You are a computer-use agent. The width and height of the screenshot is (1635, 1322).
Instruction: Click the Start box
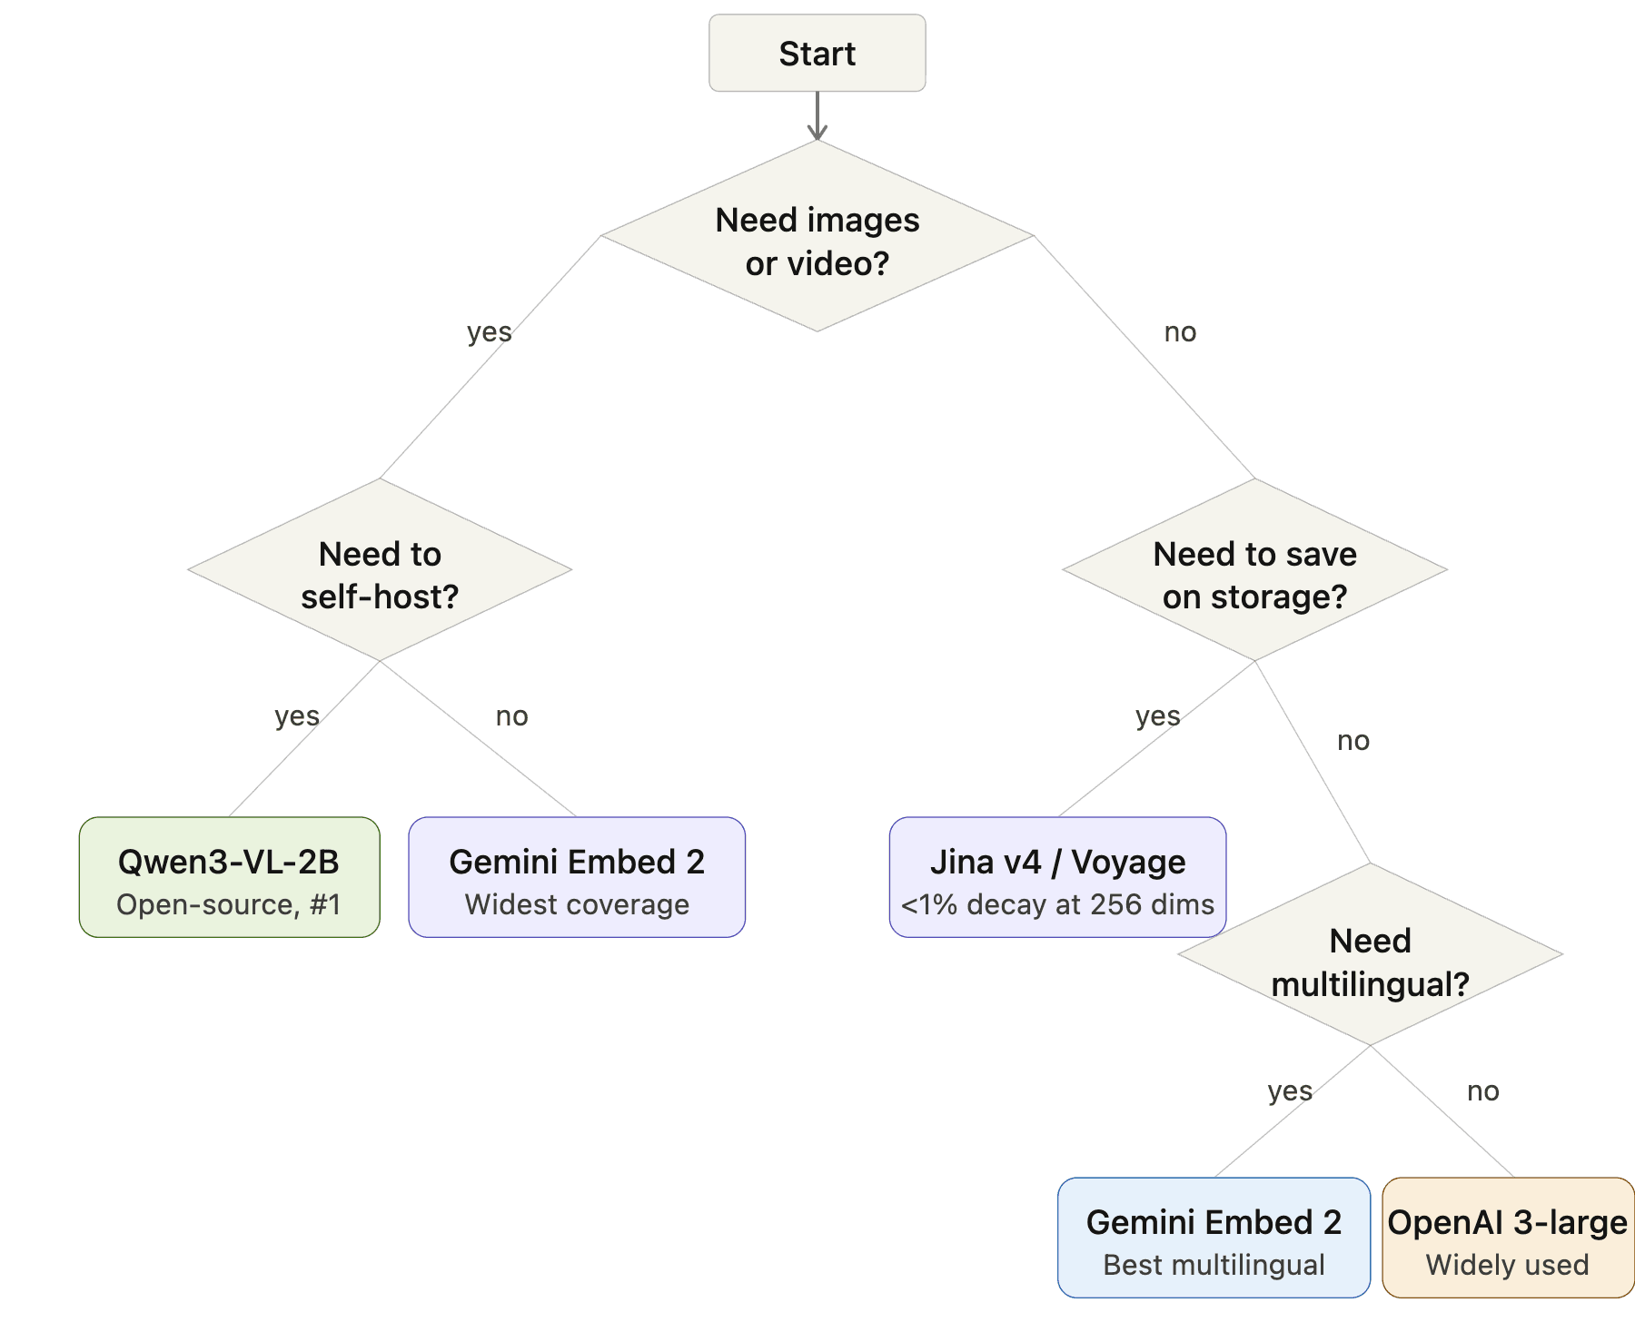click(817, 54)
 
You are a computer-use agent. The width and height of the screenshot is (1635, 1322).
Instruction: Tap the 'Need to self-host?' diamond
click(380, 571)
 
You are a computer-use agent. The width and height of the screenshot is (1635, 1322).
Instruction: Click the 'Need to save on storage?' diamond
click(1254, 571)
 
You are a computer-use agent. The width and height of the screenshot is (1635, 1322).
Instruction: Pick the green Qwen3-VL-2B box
click(229, 877)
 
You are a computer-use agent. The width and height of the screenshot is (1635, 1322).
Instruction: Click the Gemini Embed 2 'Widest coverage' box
click(577, 877)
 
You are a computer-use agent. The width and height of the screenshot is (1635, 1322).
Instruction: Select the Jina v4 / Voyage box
click(1057, 877)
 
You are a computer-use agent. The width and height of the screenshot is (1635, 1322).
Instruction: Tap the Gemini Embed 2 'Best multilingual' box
click(1214, 1238)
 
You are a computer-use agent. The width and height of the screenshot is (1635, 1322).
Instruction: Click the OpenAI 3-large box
click(1508, 1238)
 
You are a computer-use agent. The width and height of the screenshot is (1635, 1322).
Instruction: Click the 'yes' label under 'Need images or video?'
click(490, 332)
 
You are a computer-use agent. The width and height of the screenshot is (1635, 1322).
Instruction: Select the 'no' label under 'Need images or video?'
click(1180, 332)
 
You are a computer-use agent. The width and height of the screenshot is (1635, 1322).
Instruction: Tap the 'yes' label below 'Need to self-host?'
click(297, 716)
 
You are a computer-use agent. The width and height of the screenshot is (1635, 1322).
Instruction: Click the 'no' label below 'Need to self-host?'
click(511, 716)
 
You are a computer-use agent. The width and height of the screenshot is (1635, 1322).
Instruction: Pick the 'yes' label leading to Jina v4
click(1158, 716)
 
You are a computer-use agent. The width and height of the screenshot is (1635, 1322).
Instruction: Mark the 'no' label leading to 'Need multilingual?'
click(1353, 741)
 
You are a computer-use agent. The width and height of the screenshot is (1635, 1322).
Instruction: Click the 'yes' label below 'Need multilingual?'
click(1290, 1090)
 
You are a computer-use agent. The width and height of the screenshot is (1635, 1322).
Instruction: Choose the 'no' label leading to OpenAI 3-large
click(1483, 1090)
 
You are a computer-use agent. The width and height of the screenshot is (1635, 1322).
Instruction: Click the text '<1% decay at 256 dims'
click(1057, 904)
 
